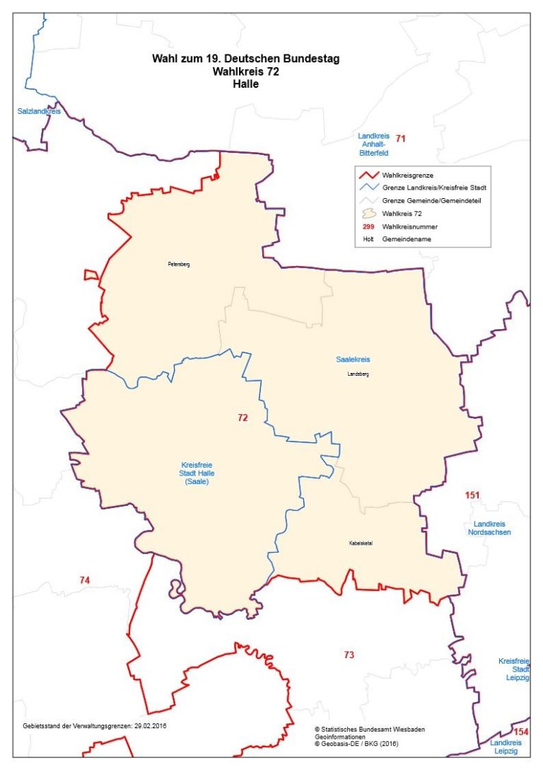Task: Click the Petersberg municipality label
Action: [x=179, y=264]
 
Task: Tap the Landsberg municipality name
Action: [x=358, y=374]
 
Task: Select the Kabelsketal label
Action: [x=361, y=543]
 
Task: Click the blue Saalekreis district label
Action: [x=353, y=360]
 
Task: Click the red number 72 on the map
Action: [x=243, y=418]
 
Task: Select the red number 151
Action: [x=473, y=495]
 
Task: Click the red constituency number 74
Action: [x=84, y=580]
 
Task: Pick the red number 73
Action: [x=349, y=655]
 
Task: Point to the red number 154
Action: [x=520, y=731]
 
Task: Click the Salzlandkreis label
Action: [x=39, y=111]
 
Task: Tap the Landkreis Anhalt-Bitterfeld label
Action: [x=373, y=144]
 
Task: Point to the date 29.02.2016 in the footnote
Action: [x=151, y=725]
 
